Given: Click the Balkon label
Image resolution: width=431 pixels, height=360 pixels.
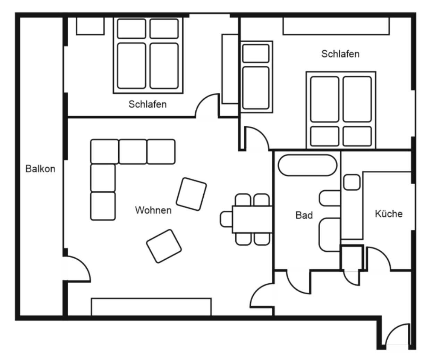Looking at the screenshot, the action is (x=40, y=169).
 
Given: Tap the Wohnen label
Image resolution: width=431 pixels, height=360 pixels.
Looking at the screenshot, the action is (x=153, y=210).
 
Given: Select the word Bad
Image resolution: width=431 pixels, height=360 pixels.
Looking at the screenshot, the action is (x=304, y=215).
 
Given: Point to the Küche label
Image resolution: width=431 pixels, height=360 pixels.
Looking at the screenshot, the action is (x=389, y=214).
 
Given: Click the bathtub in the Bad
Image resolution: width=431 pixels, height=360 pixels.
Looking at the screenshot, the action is (x=307, y=165).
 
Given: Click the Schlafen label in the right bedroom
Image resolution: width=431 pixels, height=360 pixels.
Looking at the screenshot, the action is (x=340, y=54).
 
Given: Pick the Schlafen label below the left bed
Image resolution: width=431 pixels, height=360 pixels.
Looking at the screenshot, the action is (x=147, y=104).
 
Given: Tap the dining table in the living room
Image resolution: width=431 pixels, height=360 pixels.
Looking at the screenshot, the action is (x=252, y=219).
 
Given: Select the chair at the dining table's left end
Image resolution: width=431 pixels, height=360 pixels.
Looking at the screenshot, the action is (x=226, y=219).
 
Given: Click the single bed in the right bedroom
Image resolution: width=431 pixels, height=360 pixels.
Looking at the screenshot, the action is (x=256, y=77).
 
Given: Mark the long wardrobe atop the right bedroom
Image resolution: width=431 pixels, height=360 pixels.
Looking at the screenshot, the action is (x=336, y=26).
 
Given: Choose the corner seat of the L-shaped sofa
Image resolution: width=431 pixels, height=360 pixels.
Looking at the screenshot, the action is (x=104, y=152).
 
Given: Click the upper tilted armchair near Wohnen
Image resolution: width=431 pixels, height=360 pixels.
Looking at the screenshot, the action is (x=191, y=194).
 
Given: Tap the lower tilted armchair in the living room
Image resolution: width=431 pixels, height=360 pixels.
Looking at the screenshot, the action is (x=164, y=246).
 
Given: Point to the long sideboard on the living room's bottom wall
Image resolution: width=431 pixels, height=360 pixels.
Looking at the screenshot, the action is (x=151, y=307).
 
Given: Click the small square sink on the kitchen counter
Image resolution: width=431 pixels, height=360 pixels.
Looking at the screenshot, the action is (x=352, y=182).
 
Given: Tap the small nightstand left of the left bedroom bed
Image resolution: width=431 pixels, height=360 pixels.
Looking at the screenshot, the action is (x=90, y=26).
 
